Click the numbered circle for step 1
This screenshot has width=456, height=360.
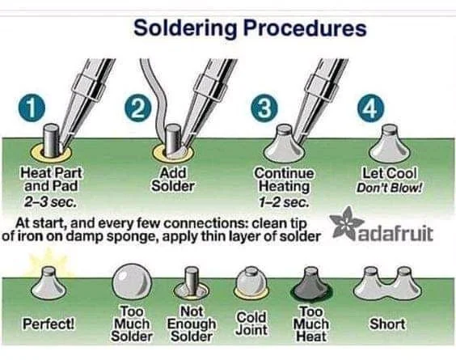32,108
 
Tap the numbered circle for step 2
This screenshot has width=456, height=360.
138,108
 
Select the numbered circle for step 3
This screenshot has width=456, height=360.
264,108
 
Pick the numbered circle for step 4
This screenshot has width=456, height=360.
370,108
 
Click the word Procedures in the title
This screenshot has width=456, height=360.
305,28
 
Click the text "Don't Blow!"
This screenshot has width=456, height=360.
390,188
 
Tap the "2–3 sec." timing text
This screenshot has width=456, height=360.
50,202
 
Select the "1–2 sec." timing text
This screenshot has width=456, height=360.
284,202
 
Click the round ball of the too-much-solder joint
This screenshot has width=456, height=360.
132,282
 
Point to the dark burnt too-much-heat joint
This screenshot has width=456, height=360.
311,286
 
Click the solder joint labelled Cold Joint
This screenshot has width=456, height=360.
250,283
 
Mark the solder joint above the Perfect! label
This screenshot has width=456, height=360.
49,284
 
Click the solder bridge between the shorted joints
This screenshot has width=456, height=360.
386,288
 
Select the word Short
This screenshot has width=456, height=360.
387,324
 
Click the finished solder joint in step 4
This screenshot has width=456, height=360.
390,144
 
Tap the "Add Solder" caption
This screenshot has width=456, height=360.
173,180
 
